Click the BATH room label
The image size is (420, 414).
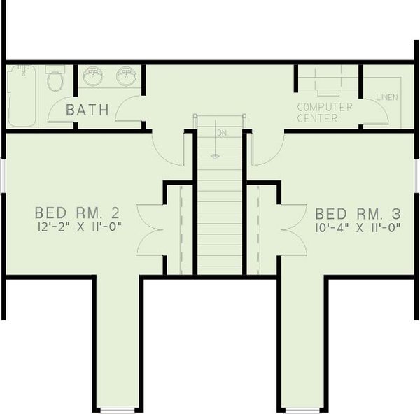[x=87, y=110]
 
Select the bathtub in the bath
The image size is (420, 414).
[x=21, y=96]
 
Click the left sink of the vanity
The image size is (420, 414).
[x=93, y=76]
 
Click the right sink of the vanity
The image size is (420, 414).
[x=126, y=76]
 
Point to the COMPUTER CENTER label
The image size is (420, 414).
[x=324, y=113]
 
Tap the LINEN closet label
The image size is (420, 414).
[x=386, y=97]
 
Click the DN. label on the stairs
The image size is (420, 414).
[x=221, y=132]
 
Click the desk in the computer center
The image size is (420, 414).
[x=327, y=82]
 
